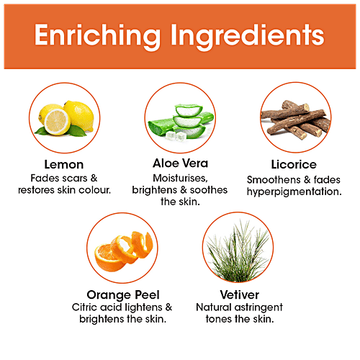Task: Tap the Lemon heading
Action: pos(64,165)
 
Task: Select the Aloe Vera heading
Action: pos(180,163)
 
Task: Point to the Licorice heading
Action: pos(294,165)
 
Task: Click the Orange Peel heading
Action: pos(123,295)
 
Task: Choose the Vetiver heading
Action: pos(240,294)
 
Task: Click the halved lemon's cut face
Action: pos(57,122)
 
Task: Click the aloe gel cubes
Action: pos(176,136)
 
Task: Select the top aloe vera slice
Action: pos(189,110)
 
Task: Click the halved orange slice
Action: pos(107,258)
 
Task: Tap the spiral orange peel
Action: pos(133,247)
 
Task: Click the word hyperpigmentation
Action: pos(294,192)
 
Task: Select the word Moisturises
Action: pos(180,179)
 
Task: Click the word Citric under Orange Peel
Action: pos(84,307)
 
